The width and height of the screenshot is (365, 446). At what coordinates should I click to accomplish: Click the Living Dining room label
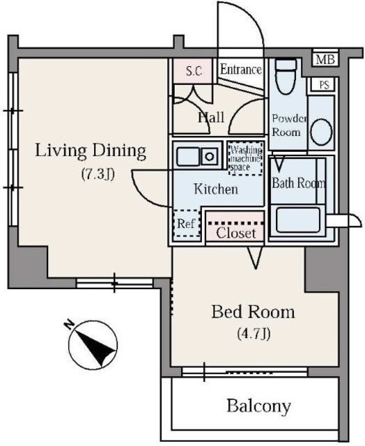click(91, 151)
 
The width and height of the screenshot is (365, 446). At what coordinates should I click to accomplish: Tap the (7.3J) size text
click(98, 174)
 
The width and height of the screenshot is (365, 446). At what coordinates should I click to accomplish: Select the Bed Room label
click(253, 312)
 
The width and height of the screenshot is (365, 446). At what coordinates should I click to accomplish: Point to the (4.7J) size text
click(254, 333)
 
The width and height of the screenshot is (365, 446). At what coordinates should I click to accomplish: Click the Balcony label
click(258, 406)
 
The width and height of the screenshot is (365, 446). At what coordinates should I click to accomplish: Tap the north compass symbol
click(93, 344)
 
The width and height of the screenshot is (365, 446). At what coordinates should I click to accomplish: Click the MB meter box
click(325, 60)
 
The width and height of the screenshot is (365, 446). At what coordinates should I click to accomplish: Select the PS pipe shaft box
click(323, 84)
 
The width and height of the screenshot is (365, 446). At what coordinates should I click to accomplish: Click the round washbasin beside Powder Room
click(322, 132)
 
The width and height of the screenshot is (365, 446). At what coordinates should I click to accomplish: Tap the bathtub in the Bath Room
click(298, 220)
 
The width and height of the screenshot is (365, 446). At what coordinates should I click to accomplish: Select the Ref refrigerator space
click(186, 224)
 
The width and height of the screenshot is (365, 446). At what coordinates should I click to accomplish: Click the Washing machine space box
click(246, 158)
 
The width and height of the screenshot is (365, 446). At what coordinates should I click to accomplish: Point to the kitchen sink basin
click(187, 156)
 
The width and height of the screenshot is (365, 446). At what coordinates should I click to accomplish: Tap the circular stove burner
click(210, 156)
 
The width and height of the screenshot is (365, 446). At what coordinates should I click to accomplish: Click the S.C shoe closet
click(194, 71)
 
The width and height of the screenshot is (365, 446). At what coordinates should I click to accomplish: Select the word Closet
click(235, 233)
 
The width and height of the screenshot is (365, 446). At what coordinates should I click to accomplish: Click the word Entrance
click(241, 70)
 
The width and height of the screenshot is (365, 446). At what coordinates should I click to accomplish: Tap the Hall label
click(211, 117)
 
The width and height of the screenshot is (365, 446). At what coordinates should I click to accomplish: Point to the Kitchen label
click(216, 189)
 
